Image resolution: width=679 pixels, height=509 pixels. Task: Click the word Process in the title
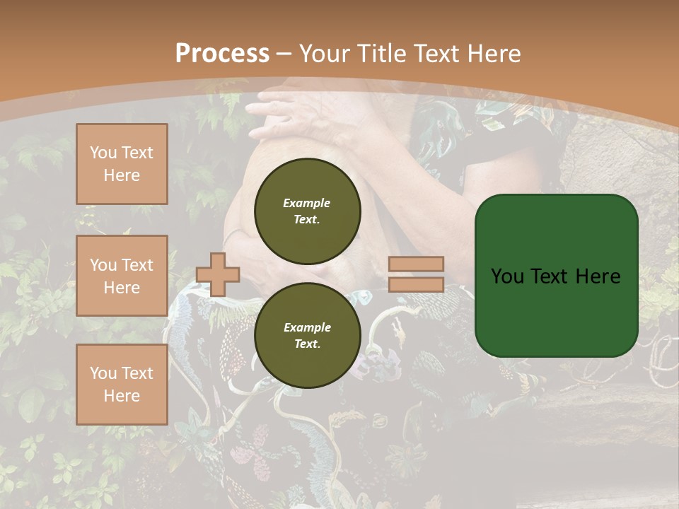(x=222, y=54)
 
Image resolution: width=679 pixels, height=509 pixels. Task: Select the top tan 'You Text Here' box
(x=122, y=164)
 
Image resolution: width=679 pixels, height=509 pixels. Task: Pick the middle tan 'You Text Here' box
(x=122, y=276)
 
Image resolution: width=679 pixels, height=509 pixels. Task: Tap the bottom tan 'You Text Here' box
(x=122, y=385)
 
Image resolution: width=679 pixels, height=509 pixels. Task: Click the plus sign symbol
(x=217, y=274)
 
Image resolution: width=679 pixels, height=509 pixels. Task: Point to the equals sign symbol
(x=416, y=274)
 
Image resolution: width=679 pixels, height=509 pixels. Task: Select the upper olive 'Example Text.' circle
(x=307, y=211)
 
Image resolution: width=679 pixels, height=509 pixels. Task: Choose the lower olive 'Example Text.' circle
(x=307, y=335)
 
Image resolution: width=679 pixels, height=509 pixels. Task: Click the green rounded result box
(x=556, y=276)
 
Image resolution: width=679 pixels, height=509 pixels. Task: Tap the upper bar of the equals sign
(x=416, y=264)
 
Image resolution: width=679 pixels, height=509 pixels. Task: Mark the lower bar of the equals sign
(x=416, y=285)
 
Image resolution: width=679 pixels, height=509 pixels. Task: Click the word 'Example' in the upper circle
(x=307, y=203)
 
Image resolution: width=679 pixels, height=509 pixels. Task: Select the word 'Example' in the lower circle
(x=307, y=327)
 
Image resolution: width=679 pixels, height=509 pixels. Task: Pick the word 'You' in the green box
(x=507, y=276)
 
